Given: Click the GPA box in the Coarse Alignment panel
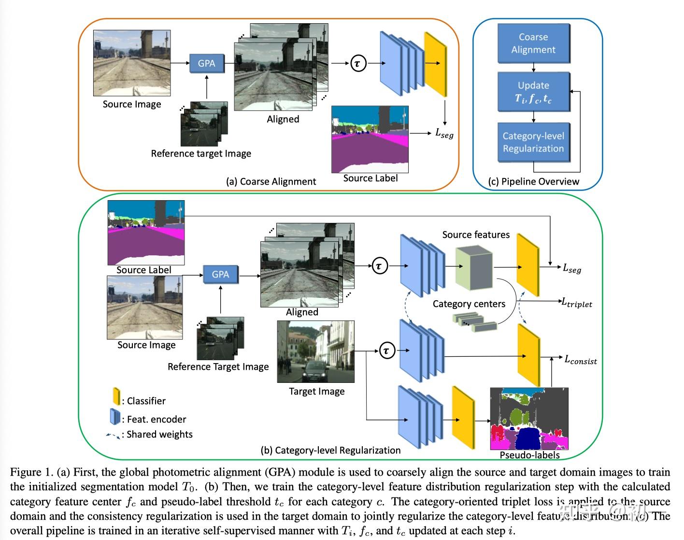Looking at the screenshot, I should pyautogui.click(x=206, y=63).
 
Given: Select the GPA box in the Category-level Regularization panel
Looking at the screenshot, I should pyautogui.click(x=220, y=275).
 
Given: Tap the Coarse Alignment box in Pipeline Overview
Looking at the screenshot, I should pyautogui.click(x=533, y=44).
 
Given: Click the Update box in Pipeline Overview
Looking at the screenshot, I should pyautogui.click(x=533, y=92).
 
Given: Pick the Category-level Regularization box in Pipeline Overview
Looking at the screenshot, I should pyautogui.click(x=533, y=142).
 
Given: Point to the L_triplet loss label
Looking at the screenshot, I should pyautogui.click(x=576, y=303).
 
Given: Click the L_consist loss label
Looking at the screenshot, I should pyautogui.click(x=581, y=360).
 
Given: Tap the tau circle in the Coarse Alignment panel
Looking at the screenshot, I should pyautogui.click(x=358, y=63).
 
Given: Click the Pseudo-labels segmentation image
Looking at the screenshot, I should pyautogui.click(x=529, y=419).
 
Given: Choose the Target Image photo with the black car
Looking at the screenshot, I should pyautogui.click(x=315, y=352).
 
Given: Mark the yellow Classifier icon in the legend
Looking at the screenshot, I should pyautogui.click(x=116, y=396).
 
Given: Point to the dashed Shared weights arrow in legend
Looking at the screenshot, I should pyautogui.click(x=113, y=436).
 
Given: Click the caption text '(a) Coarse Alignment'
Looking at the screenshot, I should pyautogui.click(x=271, y=182).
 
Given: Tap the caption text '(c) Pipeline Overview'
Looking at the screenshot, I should pyautogui.click(x=533, y=182).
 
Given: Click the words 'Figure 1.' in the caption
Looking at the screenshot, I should pyautogui.click(x=31, y=472).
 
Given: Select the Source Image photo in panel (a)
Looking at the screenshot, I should pyautogui.click(x=132, y=63).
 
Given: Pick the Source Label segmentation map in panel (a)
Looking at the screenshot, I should pyautogui.click(x=370, y=139).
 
